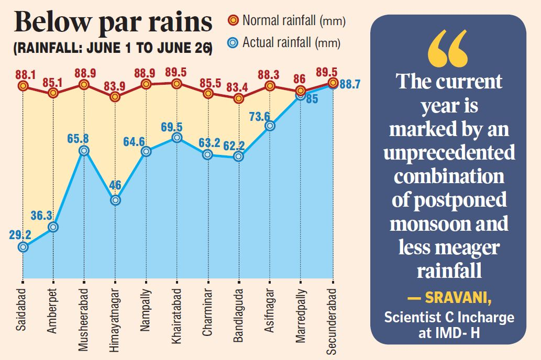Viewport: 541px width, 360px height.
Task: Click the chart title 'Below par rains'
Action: [x=113, y=24]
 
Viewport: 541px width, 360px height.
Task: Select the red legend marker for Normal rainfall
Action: [x=234, y=21]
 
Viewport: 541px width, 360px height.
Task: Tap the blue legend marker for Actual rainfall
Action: [x=234, y=43]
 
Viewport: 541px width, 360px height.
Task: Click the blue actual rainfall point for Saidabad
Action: [x=23, y=246]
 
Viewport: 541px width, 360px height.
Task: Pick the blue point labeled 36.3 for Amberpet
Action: [x=53, y=227]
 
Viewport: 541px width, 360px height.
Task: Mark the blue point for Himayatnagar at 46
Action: [x=115, y=200]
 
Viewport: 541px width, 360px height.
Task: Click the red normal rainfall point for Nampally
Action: [x=146, y=84]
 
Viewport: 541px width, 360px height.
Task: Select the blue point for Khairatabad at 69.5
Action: [x=177, y=138]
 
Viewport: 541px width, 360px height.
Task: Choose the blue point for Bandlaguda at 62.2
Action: [x=239, y=156]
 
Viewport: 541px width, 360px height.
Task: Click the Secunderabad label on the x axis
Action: [x=332, y=321]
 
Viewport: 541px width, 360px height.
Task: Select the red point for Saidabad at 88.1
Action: [x=23, y=85]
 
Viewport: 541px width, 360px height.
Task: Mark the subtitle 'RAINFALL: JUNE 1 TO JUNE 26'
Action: [x=113, y=49]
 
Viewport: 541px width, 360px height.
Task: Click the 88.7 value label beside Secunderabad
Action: [x=350, y=84]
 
